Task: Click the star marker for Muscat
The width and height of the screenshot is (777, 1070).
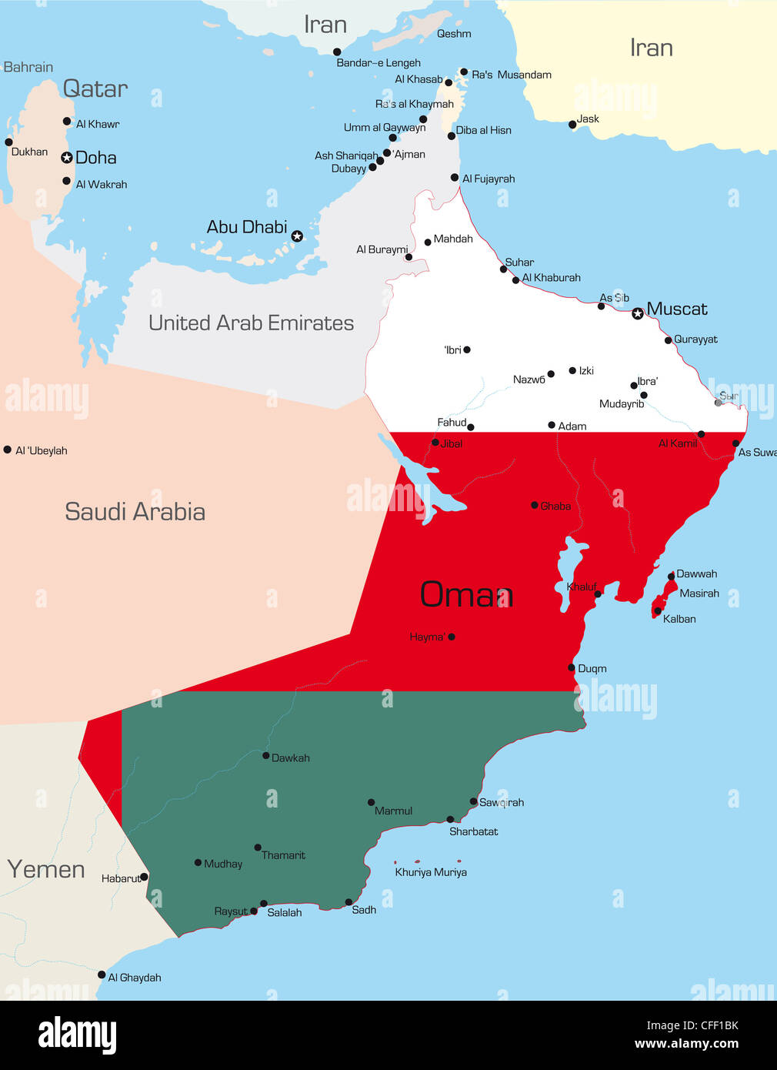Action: pyautogui.click(x=637, y=313)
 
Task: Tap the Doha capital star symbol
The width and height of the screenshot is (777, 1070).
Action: pyautogui.click(x=67, y=158)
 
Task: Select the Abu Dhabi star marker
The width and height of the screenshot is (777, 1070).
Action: pyautogui.click(x=297, y=236)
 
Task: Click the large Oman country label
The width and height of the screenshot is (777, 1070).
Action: pyautogui.click(x=466, y=594)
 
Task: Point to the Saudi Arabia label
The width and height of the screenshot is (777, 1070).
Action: pyautogui.click(x=135, y=512)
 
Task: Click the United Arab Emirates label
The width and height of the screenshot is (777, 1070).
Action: pyautogui.click(x=251, y=323)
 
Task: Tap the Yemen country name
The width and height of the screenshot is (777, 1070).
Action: pyautogui.click(x=46, y=869)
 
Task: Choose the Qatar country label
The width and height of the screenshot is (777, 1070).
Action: pyautogui.click(x=95, y=89)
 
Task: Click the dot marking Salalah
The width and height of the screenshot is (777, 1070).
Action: pyautogui.click(x=264, y=904)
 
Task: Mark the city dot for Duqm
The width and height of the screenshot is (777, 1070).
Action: pyautogui.click(x=572, y=667)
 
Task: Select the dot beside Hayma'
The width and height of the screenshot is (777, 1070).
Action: pyautogui.click(x=452, y=637)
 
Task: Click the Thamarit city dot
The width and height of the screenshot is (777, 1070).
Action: pyautogui.click(x=258, y=848)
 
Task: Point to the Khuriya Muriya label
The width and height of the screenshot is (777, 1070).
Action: pyautogui.click(x=431, y=872)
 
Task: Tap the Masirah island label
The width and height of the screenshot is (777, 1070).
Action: pyautogui.click(x=699, y=594)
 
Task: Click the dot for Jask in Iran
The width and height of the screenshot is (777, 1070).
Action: pyautogui.click(x=572, y=125)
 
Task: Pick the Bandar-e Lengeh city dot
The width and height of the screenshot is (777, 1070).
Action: pyautogui.click(x=337, y=52)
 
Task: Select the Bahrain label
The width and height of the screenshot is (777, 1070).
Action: pyautogui.click(x=28, y=68)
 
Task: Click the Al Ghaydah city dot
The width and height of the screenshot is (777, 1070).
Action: pyautogui.click(x=102, y=975)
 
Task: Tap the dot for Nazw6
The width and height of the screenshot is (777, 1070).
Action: pyautogui.click(x=551, y=374)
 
